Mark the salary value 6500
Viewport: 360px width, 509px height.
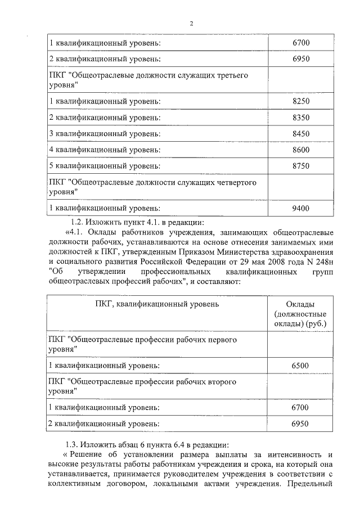click(301, 366)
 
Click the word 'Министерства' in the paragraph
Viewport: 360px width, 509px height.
click(236, 251)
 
